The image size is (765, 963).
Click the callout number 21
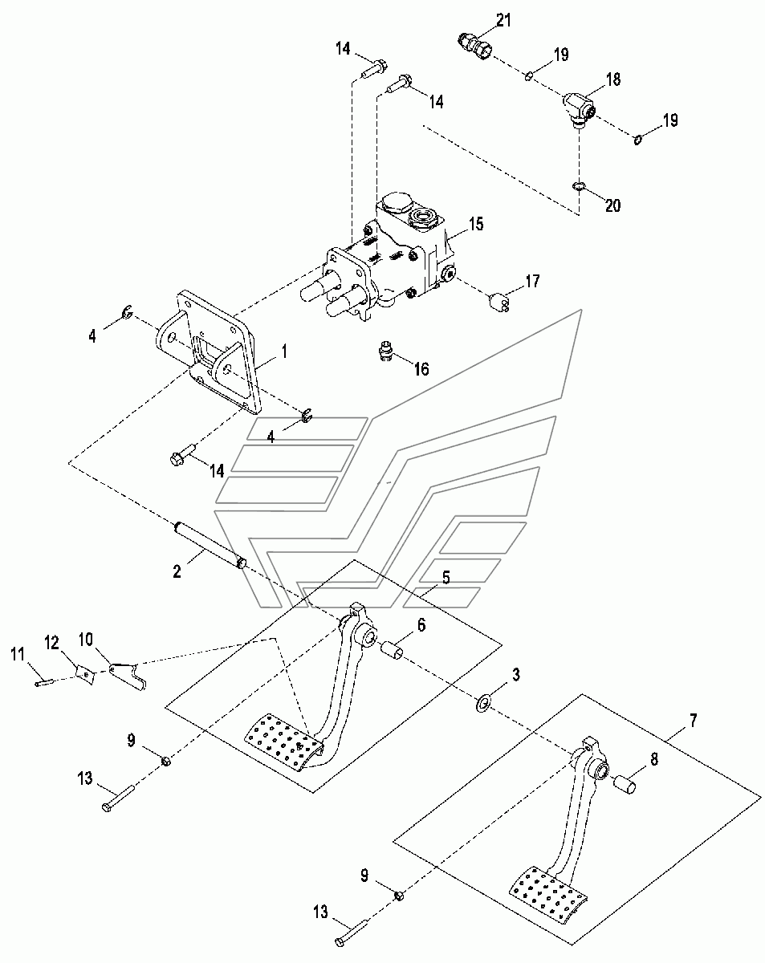click(503, 20)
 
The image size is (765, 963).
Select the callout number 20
click(612, 205)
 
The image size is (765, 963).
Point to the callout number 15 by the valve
click(476, 223)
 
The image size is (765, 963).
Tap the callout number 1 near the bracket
click(284, 351)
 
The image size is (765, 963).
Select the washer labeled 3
click(482, 703)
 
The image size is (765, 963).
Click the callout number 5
click(446, 577)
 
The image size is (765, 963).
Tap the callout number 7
click(693, 721)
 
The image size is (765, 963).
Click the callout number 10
click(86, 640)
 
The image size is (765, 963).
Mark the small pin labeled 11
click(44, 683)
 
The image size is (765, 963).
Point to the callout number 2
click(177, 571)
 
